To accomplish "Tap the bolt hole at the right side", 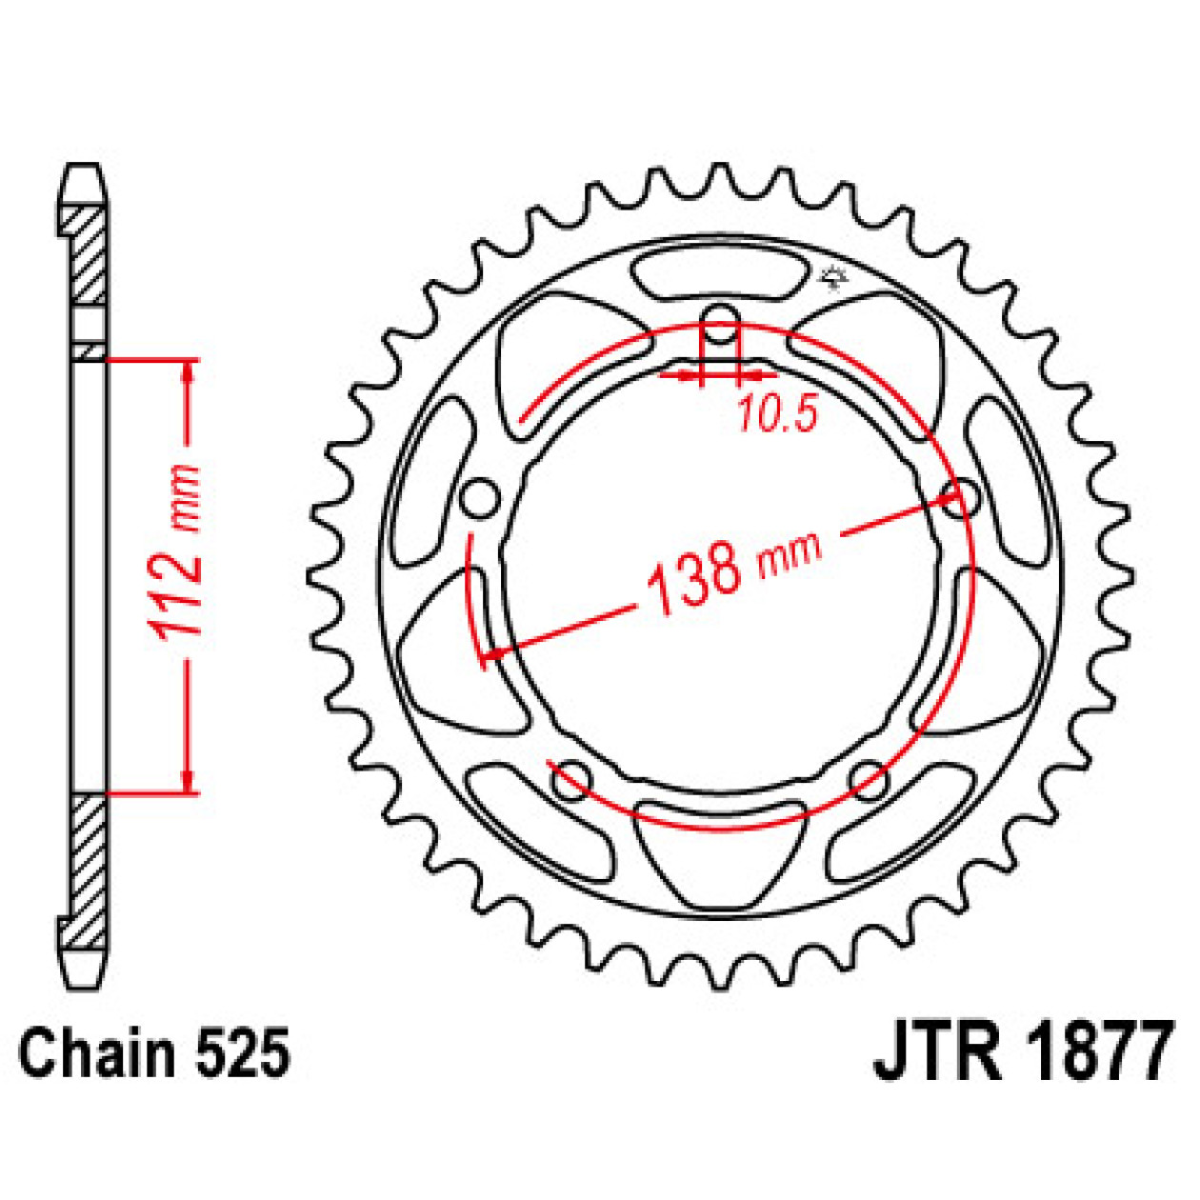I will [x=960, y=499].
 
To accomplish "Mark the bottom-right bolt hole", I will [x=869, y=780].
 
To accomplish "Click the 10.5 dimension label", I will [x=776, y=414].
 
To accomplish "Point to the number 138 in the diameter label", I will [x=693, y=576].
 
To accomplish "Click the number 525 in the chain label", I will [x=242, y=1055].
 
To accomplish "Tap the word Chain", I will [x=99, y=1055].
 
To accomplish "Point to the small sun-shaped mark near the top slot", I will [x=833, y=277].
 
